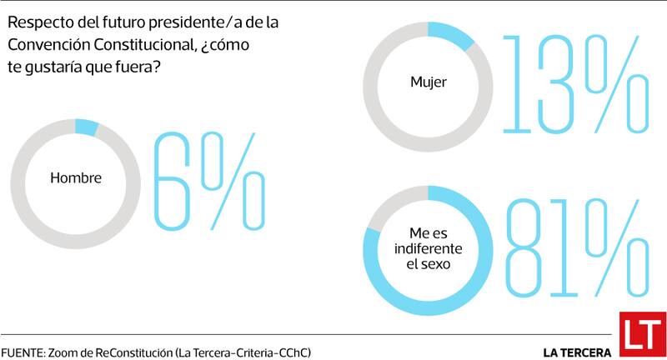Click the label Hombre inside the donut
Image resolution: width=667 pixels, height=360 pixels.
tap(76, 177)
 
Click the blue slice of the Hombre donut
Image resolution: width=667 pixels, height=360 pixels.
tap(86, 127)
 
